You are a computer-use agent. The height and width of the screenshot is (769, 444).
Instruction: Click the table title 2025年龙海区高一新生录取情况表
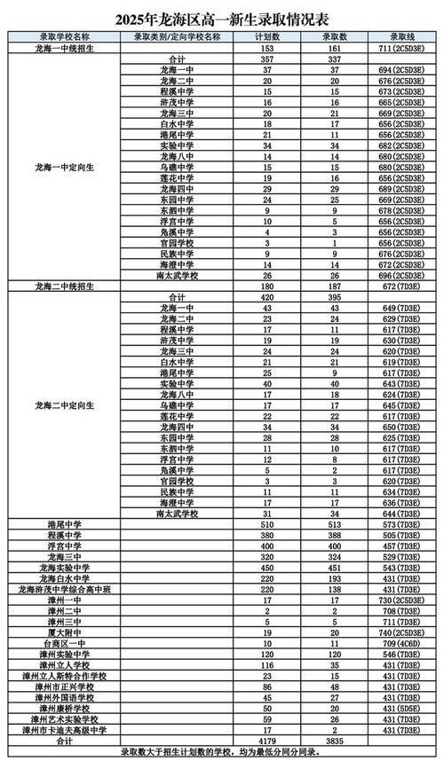(221, 19)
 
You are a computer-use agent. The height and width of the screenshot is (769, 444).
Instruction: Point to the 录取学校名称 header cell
(63, 37)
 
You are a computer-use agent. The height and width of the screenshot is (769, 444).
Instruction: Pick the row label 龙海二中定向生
(63, 404)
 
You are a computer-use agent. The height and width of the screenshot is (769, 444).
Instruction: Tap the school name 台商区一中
(63, 644)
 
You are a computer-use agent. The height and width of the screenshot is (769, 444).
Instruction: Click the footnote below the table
(221, 751)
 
